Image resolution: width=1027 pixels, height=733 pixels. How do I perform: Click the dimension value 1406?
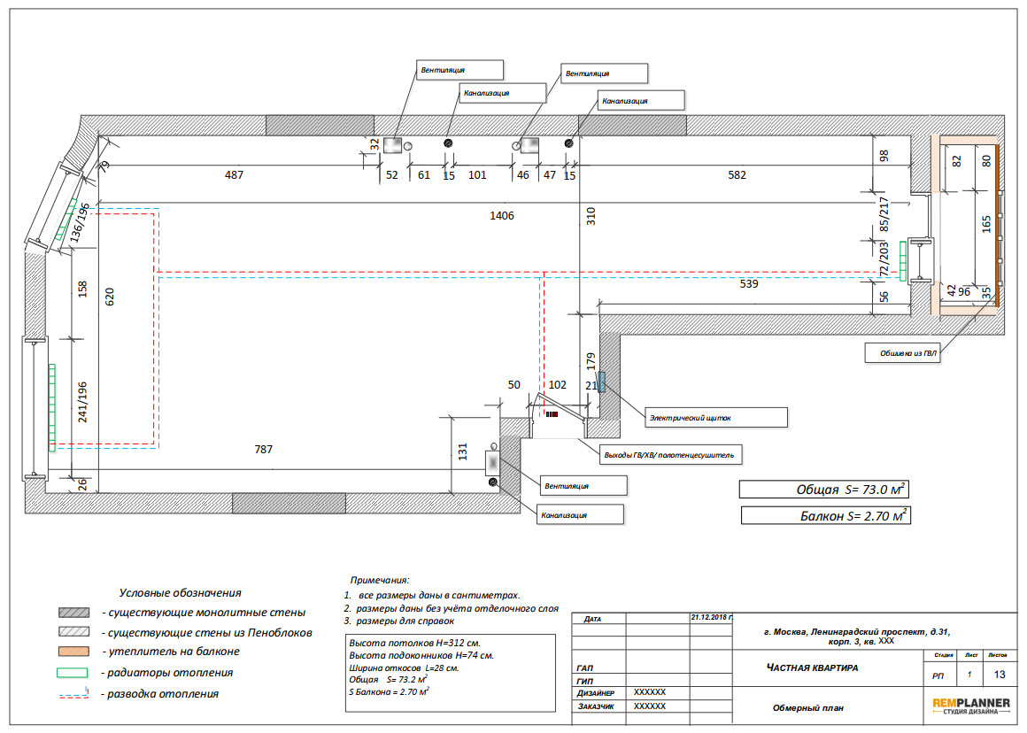coord(502,215)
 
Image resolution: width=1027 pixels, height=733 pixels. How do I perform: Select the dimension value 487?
coord(234,175)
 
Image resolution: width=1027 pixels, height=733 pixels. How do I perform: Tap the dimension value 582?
coord(737,175)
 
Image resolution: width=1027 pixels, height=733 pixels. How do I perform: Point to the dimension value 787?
coord(263,450)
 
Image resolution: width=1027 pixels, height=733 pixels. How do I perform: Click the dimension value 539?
coord(749,283)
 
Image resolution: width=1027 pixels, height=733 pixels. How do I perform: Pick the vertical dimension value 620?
coord(110,297)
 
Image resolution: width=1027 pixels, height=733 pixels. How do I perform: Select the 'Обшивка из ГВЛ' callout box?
coord(902,353)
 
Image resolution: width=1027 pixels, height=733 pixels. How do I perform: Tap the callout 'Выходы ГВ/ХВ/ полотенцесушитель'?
coord(671,455)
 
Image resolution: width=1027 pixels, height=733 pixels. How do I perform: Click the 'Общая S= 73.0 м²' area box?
coord(824,490)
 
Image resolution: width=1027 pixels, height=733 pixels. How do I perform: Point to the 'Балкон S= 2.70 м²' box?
coord(825,515)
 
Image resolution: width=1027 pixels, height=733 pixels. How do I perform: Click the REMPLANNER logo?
coord(970,706)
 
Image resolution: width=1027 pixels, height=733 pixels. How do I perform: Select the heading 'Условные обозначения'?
coord(180,593)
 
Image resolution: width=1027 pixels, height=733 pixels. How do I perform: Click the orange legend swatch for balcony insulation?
coord(73,652)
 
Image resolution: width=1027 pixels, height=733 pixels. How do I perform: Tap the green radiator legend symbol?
coord(72,673)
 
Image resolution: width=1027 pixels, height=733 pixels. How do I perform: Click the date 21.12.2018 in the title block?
coord(712,618)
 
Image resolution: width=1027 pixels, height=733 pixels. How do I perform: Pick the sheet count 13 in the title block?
coord(1000,675)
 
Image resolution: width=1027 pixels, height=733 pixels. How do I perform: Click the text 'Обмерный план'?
coord(808,708)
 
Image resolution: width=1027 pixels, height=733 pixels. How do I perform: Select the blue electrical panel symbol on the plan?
coord(602,382)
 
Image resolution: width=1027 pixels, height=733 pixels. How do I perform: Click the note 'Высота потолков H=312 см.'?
coord(414,644)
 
